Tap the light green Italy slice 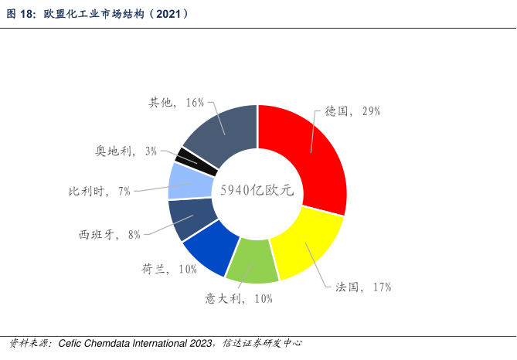click(252, 261)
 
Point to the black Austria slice click(187, 157)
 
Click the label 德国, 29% click(352, 111)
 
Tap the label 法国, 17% click(363, 287)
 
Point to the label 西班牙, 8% click(110, 235)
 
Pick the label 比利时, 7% click(99, 191)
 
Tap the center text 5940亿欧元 click(257, 191)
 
